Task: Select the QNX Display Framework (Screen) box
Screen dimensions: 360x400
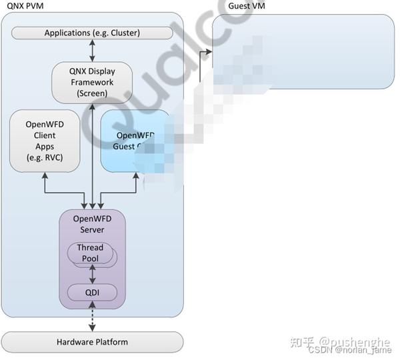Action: point(93,82)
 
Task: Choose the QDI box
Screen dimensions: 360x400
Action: point(93,291)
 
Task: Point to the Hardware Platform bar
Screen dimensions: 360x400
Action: point(92,342)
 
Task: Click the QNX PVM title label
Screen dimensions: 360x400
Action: point(20,6)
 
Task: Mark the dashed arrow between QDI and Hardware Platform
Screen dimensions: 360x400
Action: point(93,317)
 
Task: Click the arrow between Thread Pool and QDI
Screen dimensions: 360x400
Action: point(93,274)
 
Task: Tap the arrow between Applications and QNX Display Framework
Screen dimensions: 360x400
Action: point(93,49)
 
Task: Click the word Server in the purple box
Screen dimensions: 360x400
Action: point(93,230)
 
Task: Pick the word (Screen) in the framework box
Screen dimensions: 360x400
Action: point(93,93)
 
